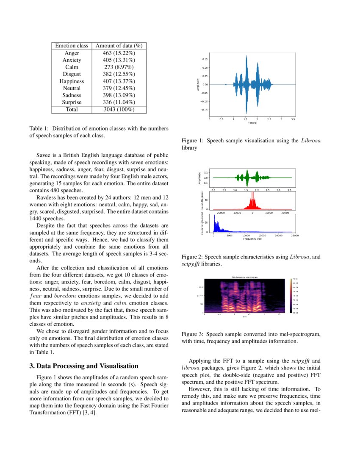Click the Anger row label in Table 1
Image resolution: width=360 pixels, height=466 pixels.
(72, 53)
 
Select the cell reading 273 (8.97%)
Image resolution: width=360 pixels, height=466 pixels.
(119, 67)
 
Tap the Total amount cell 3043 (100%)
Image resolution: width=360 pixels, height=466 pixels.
(119, 109)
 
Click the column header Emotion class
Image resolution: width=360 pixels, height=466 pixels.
(72, 46)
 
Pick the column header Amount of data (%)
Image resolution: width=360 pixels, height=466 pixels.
(119, 46)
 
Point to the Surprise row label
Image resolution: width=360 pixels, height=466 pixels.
(72, 102)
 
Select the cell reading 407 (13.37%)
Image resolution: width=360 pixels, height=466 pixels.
(119, 81)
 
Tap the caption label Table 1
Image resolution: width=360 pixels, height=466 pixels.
(39, 128)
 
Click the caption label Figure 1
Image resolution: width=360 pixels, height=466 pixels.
(193, 140)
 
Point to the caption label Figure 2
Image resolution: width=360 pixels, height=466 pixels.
(193, 257)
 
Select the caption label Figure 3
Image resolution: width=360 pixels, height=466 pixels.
(193, 334)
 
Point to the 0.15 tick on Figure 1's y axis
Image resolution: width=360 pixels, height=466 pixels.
(205, 58)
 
